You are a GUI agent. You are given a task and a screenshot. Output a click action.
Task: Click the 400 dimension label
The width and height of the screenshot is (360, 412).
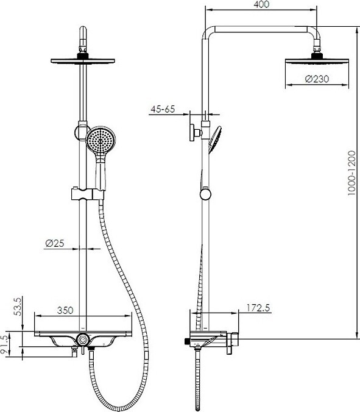coord(261,4)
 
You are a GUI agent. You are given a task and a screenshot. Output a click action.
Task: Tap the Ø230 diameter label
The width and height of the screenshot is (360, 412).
coord(317,79)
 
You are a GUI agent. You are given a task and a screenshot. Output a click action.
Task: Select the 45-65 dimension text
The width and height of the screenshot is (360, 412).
coord(163,109)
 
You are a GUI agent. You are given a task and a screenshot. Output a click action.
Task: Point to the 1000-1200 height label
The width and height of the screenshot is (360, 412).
coord(352,172)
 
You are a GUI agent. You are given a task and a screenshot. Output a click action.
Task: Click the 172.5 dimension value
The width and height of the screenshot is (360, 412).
coord(258,308)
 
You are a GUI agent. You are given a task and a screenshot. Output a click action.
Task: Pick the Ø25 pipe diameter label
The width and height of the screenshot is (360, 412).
coord(54,243)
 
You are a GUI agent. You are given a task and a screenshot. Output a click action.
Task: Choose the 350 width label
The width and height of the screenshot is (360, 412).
coord(65,310)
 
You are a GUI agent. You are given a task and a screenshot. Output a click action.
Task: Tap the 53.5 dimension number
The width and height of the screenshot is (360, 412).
coord(18,307)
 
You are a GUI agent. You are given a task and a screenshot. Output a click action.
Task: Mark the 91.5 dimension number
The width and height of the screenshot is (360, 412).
coord(4,345)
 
